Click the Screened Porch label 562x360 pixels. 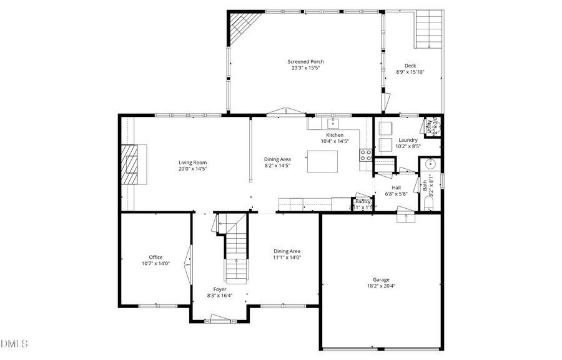coord(305,61)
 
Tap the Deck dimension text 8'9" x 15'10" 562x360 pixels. coord(410,72)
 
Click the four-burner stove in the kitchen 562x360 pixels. coord(366,155)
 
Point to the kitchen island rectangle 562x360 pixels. coord(322,161)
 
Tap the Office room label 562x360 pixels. coord(155,257)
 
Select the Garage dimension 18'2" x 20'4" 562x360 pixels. coord(381,286)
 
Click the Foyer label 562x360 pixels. coord(220,289)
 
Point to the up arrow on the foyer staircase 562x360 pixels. coord(236,262)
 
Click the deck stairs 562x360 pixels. coord(428,29)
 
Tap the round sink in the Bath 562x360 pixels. coord(430,164)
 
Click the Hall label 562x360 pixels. coord(396,187)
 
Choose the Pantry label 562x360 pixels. coord(362,201)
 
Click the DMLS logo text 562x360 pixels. coord(14,344)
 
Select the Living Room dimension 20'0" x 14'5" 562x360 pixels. coord(192,169)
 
